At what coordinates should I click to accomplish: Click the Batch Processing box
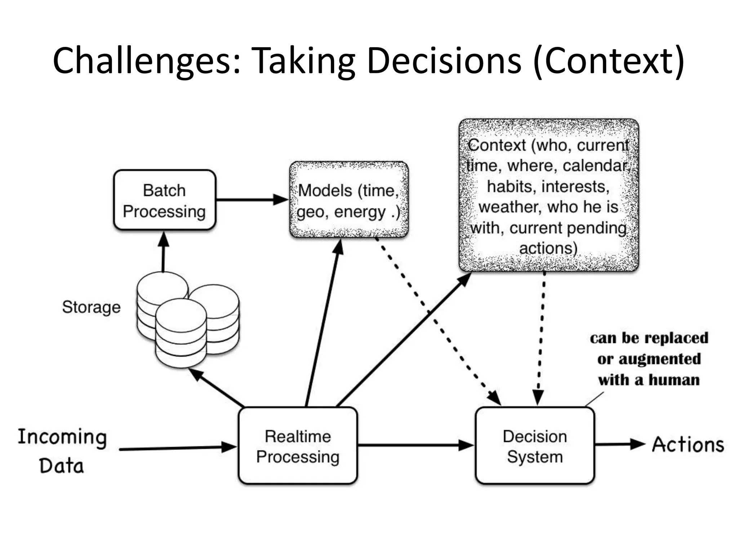pos(164,200)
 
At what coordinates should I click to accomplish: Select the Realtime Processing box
pos(298,446)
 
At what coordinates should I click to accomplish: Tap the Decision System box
pos(535,446)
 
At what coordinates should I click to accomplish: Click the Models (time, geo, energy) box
pos(349,200)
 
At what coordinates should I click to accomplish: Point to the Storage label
pos(91,307)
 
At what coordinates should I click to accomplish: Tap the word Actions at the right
pos(688,444)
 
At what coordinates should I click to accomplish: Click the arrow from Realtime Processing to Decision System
pos(414,445)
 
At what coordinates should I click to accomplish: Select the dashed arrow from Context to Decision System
pos(541,335)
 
